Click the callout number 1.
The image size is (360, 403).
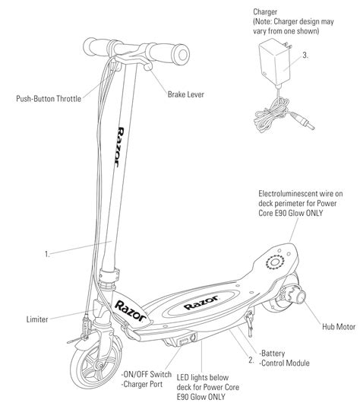(47, 254)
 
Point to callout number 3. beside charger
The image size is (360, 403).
(305, 56)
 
